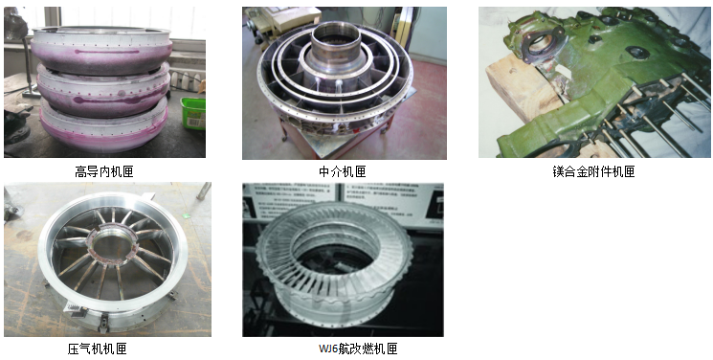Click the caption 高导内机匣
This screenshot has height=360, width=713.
(x=104, y=171)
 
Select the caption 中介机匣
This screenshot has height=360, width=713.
(x=343, y=171)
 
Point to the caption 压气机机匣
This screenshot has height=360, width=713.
(x=97, y=349)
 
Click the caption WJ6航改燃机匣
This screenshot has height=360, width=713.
(x=358, y=349)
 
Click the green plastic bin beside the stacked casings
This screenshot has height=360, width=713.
(x=193, y=113)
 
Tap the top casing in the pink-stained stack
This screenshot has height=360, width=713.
(x=101, y=49)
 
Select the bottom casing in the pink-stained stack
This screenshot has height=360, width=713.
(x=103, y=126)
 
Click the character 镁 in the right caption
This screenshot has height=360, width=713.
(x=558, y=171)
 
